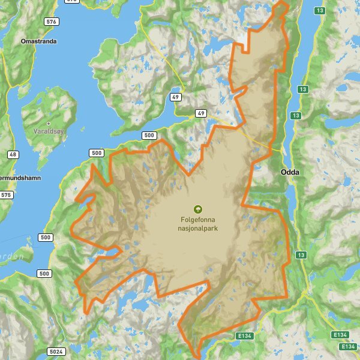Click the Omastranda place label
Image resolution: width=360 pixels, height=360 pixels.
(x=38, y=42)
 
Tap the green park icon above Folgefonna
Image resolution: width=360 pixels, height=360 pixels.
(x=198, y=209)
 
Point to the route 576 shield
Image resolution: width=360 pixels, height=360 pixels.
(x=52, y=22)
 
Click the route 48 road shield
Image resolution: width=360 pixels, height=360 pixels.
(x=13, y=154)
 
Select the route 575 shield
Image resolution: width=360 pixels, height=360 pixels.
(x=7, y=195)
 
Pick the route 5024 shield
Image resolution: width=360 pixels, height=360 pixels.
(x=55, y=352)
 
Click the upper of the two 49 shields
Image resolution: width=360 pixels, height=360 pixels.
(x=176, y=97)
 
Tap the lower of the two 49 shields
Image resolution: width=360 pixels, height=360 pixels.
(x=200, y=113)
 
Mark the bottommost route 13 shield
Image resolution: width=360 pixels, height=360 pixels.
(x=301, y=255)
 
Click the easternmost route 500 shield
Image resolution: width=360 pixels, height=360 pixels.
(x=150, y=136)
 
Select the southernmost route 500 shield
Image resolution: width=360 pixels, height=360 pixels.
(x=44, y=274)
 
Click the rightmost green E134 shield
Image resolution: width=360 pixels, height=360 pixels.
(x=348, y=347)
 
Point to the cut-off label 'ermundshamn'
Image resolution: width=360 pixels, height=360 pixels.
(x=19, y=179)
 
